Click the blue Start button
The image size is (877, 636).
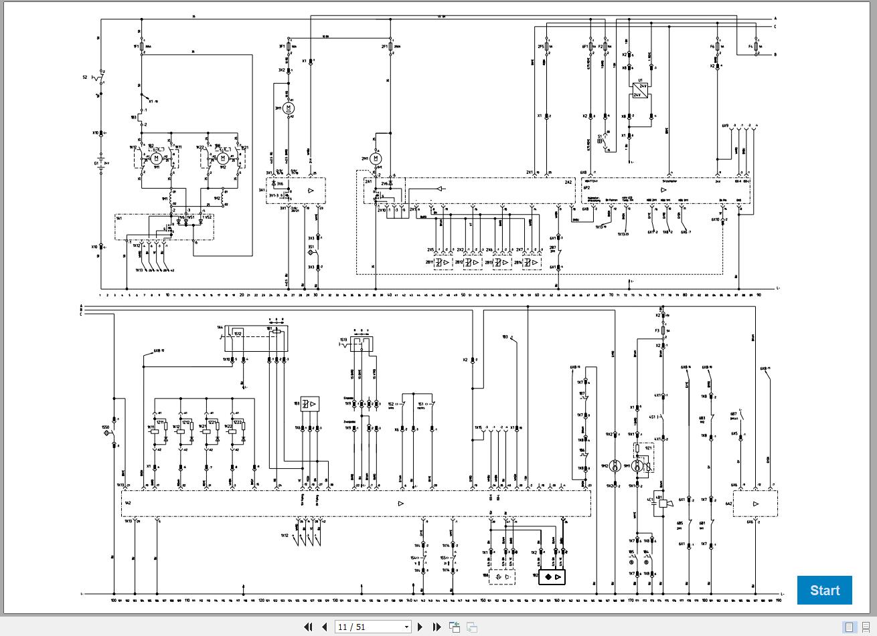824,590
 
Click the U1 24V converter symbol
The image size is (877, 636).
641,90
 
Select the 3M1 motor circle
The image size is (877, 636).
289,108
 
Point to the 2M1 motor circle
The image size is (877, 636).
376,158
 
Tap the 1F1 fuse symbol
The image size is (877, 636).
142,47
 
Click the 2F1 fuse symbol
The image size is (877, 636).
390,47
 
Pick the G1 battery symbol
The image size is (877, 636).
101,163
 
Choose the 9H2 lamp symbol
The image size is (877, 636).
614,465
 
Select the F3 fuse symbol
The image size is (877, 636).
662,330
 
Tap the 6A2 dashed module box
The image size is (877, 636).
755,504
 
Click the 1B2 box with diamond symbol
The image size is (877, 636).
552,576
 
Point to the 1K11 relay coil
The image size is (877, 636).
155,432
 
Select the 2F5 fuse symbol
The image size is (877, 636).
547,47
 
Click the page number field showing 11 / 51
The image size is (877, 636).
374,627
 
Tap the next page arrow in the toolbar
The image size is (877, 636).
420,627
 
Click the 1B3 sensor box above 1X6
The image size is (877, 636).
309,404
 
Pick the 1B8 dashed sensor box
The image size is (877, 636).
502,576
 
